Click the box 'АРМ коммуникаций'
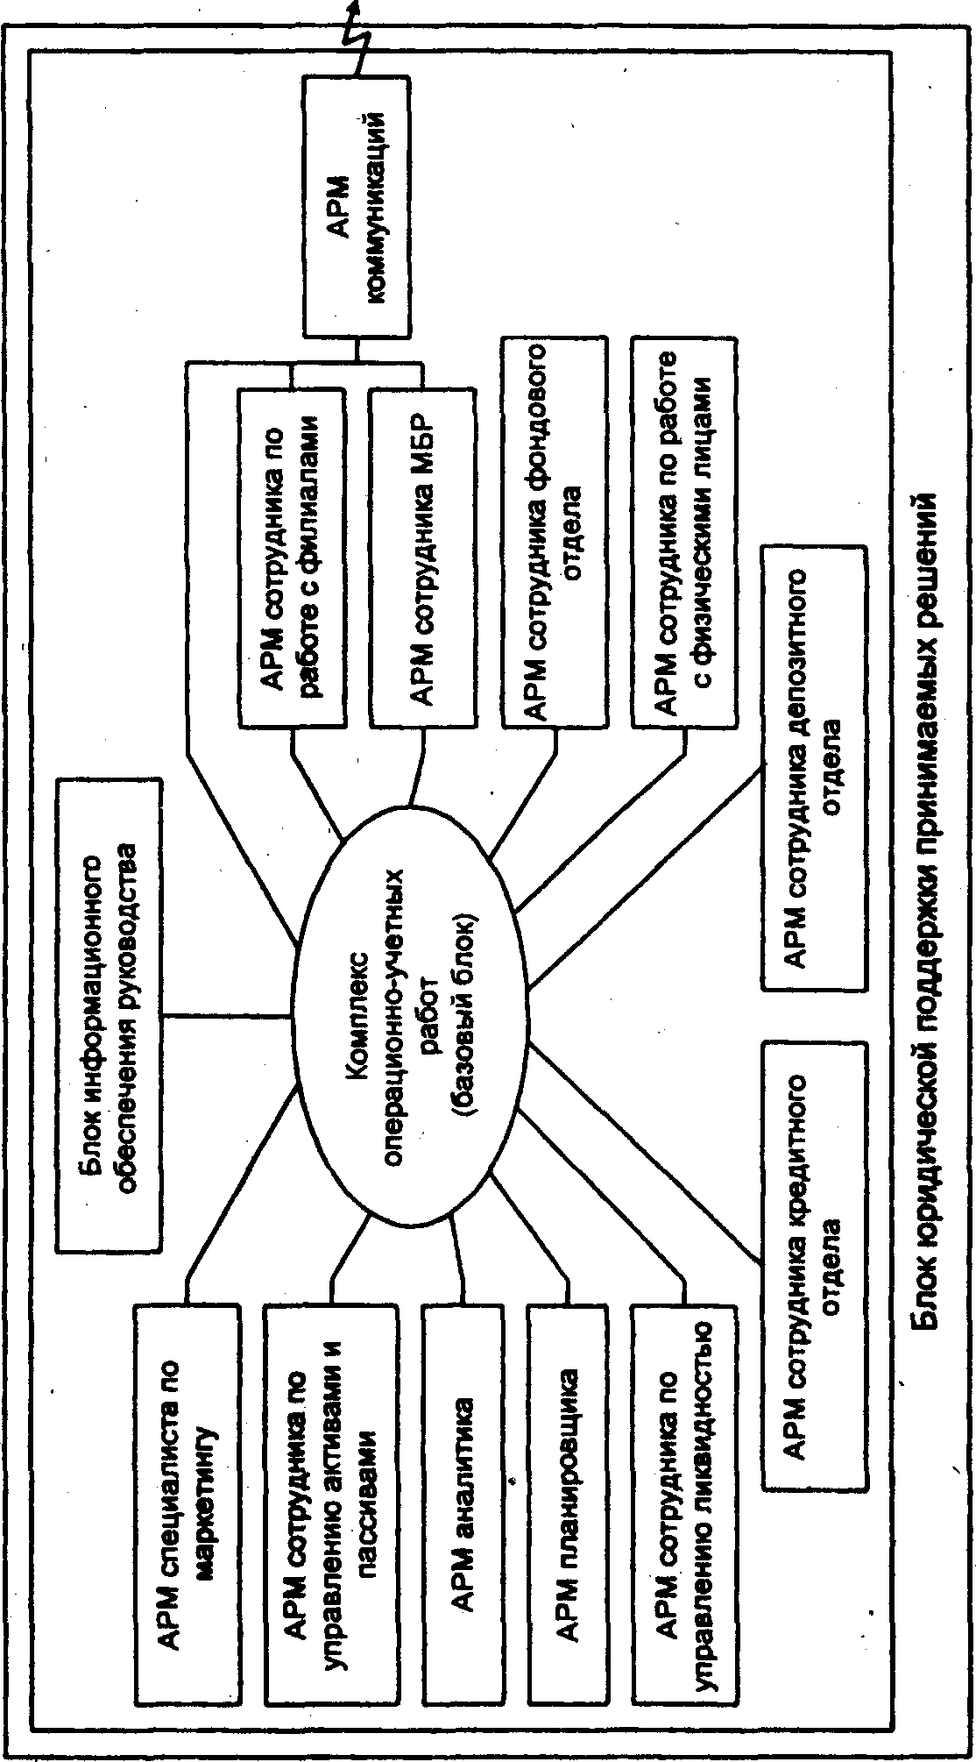(x=356, y=207)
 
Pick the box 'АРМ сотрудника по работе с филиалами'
(x=292, y=557)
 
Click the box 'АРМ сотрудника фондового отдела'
(x=554, y=532)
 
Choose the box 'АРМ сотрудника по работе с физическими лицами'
(x=684, y=532)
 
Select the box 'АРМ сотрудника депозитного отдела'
(x=814, y=768)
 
